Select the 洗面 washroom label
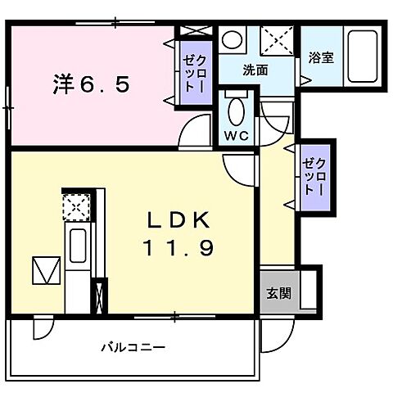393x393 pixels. coord(255,70)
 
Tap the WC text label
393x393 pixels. coord(236,133)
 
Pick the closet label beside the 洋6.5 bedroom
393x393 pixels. coord(194,72)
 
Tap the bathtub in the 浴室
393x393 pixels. coord(361,53)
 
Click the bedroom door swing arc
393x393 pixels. coord(195,130)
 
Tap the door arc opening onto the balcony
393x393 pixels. coord(39,329)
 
